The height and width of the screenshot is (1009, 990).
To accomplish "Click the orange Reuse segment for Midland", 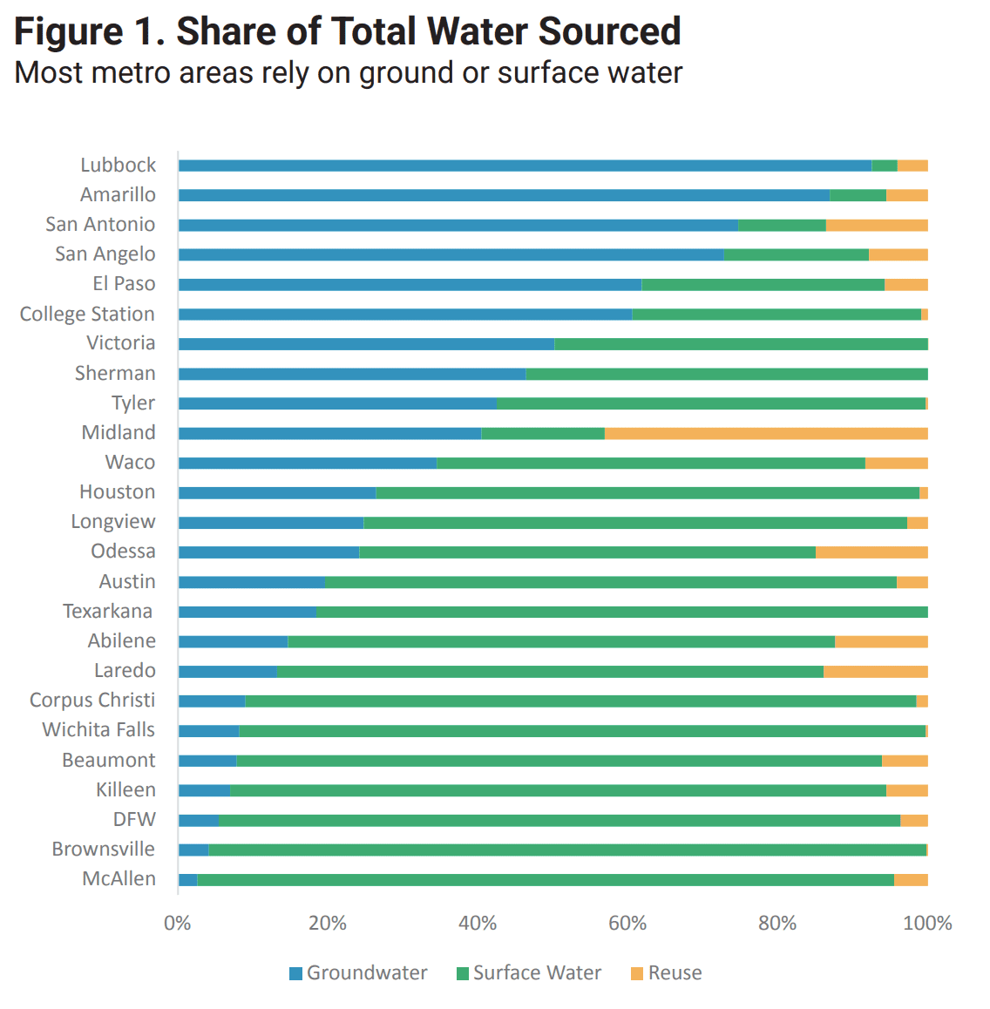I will tap(766, 433).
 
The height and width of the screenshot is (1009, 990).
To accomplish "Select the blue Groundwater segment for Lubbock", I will tap(525, 166).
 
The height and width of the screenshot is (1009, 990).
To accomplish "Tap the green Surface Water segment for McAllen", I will tap(546, 880).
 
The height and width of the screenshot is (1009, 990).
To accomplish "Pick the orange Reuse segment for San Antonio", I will tap(877, 225).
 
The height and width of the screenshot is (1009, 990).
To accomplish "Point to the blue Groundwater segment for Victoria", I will tap(366, 344).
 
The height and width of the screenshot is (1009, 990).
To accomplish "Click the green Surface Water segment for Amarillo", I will tap(858, 195).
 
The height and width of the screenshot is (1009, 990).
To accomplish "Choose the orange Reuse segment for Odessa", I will tap(871, 552).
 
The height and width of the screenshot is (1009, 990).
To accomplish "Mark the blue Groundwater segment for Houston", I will tap(277, 493).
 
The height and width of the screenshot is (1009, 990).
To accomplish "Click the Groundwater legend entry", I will tap(358, 973).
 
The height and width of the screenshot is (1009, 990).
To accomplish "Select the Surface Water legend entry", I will tap(529, 973).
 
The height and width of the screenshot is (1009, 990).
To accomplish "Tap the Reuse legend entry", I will tap(667, 973).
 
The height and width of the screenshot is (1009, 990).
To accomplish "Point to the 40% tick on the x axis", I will tap(478, 924).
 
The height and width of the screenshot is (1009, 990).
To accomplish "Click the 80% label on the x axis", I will tap(777, 924).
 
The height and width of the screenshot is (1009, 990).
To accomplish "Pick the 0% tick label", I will tap(178, 924).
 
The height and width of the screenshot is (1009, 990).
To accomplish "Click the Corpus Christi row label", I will tap(92, 701).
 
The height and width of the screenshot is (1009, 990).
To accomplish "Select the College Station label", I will tap(87, 315).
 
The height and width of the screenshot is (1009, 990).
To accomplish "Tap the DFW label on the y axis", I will tap(134, 820).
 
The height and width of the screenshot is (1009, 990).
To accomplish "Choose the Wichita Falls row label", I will tap(98, 730).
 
